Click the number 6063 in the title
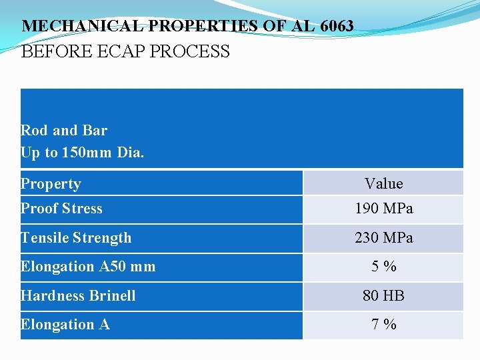337,27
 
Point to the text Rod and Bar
64,130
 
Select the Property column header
51,183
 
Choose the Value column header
384,183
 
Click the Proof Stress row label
61,209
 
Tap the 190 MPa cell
384,209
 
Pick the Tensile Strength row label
76,237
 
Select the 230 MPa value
384,237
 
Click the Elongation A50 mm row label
88,267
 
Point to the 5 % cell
384,267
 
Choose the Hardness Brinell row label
78,295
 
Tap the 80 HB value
384,295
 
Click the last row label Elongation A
65,325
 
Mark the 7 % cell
384,325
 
